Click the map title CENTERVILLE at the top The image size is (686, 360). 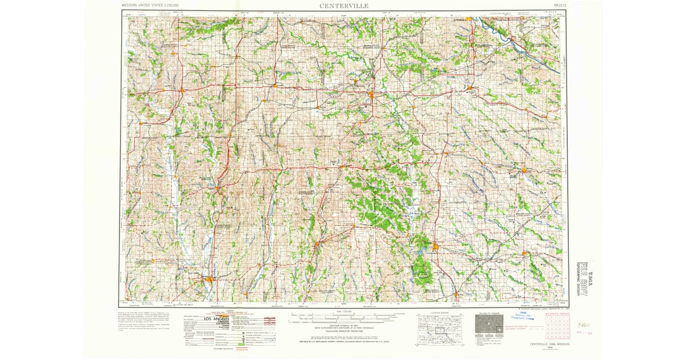coord(344,6)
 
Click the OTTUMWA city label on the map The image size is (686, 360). coord(460,19)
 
